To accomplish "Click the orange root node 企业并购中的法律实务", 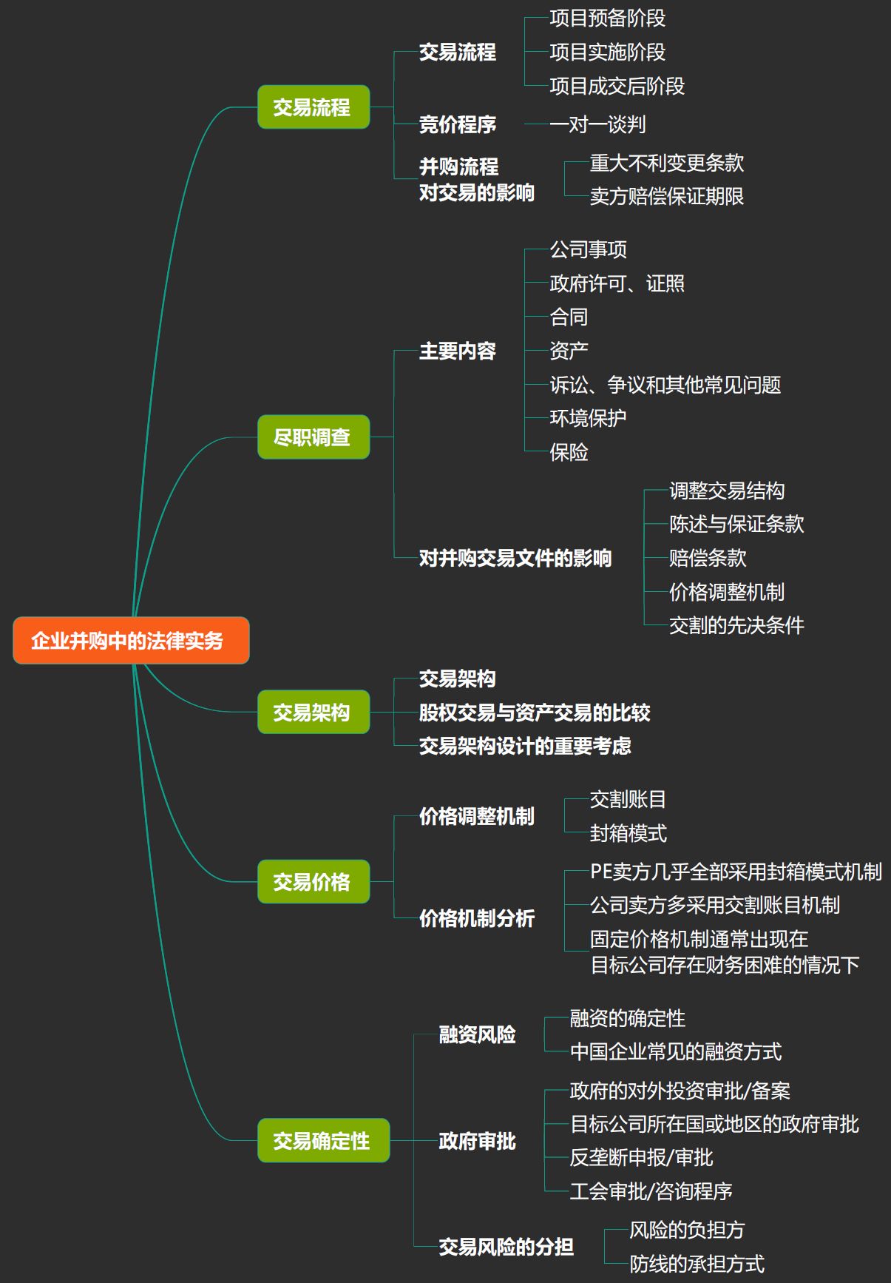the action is click(x=131, y=640).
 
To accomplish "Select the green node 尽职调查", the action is click(x=314, y=437).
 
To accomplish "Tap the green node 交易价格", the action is click(x=314, y=882).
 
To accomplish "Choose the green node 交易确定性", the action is click(x=323, y=1140).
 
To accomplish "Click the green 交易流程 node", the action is click(x=314, y=107).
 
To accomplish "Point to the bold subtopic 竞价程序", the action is click(x=458, y=124).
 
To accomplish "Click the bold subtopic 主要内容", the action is click(x=458, y=351).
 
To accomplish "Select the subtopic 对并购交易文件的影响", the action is click(x=515, y=558).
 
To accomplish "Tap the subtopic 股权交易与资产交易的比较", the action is click(x=535, y=713).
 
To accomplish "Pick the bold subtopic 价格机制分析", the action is click(x=477, y=918).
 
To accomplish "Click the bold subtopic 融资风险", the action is click(x=478, y=1034).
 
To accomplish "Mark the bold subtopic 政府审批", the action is click(x=478, y=1141).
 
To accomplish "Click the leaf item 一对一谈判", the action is click(x=597, y=124).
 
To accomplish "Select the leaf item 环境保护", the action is click(x=588, y=418).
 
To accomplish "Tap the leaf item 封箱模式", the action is click(x=628, y=833).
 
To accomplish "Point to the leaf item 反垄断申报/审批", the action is click(x=641, y=1157).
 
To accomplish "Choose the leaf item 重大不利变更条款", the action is click(x=667, y=163).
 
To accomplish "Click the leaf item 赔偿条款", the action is click(x=708, y=558).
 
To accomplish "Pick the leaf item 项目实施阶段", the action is click(x=607, y=52).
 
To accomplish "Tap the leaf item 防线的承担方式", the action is click(x=697, y=1264).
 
